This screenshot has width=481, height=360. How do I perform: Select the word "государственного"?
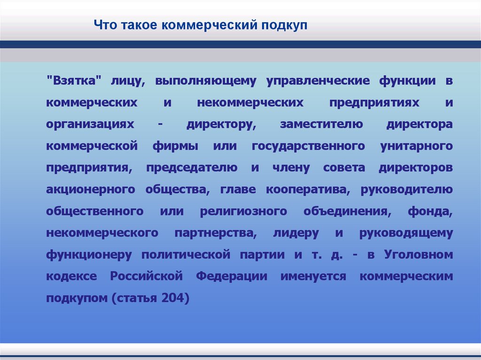[x=309, y=146]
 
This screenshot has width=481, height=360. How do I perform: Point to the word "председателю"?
[x=191, y=168]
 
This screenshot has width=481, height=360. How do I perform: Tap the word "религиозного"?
[x=243, y=211]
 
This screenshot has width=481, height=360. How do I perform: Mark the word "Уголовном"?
[x=418, y=255]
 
